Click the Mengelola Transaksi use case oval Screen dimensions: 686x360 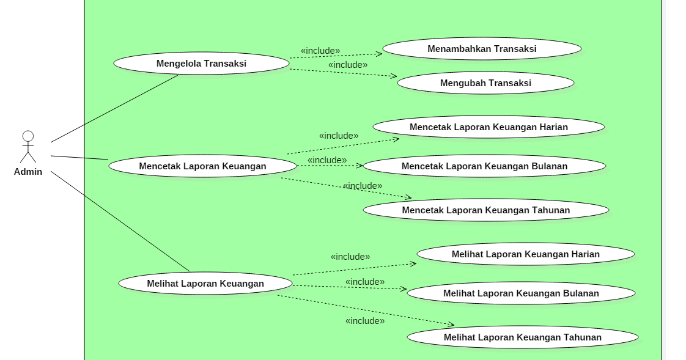[x=201, y=64]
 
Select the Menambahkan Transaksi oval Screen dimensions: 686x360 [x=482, y=49]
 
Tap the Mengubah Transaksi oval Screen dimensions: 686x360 [x=485, y=83]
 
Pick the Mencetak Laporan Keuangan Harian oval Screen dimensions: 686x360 [x=489, y=127]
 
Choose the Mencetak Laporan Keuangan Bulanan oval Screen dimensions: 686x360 [x=484, y=166]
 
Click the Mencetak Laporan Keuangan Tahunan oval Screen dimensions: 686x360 [x=485, y=210]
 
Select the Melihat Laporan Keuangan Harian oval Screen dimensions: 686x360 [x=525, y=254]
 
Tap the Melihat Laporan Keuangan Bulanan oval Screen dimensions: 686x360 [x=521, y=293]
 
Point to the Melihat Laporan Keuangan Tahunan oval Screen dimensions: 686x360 [x=522, y=337]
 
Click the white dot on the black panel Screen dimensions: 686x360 [x=28, y=136]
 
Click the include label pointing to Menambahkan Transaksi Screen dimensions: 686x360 [x=320, y=51]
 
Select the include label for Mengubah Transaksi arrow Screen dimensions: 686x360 [x=348, y=65]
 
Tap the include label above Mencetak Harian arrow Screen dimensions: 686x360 [x=339, y=136]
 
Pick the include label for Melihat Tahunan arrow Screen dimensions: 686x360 [x=365, y=321]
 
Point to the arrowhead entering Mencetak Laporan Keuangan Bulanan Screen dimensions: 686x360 [x=360, y=166]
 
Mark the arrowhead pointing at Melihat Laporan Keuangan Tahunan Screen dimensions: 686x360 [x=451, y=325]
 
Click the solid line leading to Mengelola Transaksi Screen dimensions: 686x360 [x=131, y=100]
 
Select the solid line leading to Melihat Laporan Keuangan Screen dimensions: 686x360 [x=137, y=233]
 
